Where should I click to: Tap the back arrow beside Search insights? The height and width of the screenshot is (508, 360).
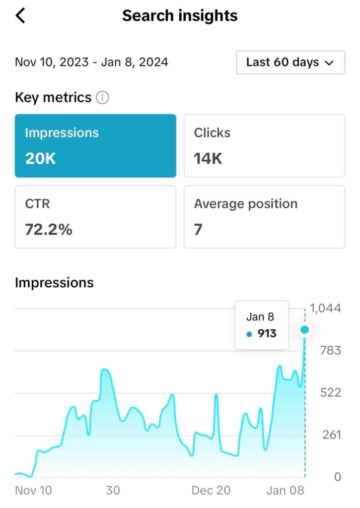(x=20, y=16)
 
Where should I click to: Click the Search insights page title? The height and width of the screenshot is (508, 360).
(x=180, y=16)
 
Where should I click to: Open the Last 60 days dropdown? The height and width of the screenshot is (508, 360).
(x=290, y=63)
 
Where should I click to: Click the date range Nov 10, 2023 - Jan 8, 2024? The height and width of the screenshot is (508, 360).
(x=91, y=63)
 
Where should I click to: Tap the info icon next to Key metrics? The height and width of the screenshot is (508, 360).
(x=102, y=98)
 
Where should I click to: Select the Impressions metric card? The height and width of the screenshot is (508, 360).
(x=95, y=145)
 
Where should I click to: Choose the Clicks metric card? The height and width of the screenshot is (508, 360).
(x=264, y=145)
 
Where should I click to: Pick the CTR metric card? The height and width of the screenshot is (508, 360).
(x=95, y=216)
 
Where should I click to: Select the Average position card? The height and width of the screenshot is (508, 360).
(x=264, y=216)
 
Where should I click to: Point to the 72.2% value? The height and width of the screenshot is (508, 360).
(x=49, y=230)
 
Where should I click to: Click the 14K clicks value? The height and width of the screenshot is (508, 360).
(x=208, y=159)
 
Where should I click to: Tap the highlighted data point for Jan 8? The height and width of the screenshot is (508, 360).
(x=305, y=329)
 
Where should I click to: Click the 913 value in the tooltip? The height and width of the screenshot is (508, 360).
(x=267, y=333)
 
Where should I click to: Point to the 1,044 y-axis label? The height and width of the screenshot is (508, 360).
(x=326, y=308)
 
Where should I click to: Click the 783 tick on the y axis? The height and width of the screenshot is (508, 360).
(x=330, y=351)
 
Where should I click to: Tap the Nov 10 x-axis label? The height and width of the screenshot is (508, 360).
(x=33, y=491)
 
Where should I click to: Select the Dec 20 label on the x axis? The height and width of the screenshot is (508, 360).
(x=211, y=491)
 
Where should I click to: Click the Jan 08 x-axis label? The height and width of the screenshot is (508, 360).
(x=285, y=491)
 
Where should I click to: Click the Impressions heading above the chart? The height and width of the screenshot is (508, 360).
(x=54, y=283)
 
